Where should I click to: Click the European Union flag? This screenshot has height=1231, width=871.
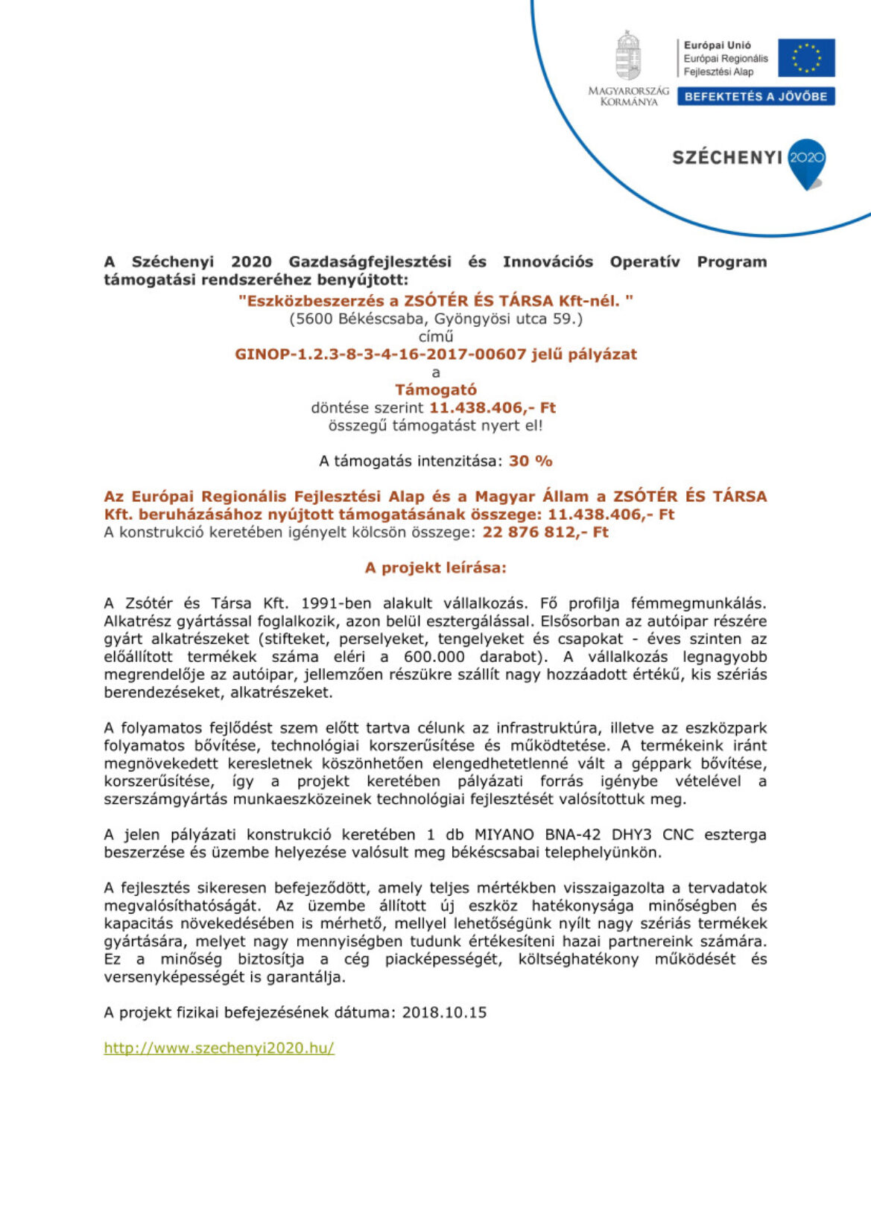(806, 58)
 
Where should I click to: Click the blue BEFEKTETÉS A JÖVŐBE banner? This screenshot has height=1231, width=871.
(756, 97)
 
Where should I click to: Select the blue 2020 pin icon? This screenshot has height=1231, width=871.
(807, 162)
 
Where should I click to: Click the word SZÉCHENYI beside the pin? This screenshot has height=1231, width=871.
(726, 158)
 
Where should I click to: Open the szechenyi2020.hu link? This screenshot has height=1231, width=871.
(219, 1048)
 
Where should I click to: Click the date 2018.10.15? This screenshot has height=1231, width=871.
(444, 1012)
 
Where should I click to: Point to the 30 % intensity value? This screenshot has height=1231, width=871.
(530, 461)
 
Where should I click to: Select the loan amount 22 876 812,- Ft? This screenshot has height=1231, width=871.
(545, 532)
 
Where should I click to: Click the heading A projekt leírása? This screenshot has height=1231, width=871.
(435, 567)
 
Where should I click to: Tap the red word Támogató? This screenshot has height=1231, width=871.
(435, 389)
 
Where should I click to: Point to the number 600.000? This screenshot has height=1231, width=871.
(434, 657)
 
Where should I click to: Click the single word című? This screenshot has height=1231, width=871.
(435, 337)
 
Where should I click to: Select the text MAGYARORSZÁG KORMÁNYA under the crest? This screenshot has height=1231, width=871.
(629, 96)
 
